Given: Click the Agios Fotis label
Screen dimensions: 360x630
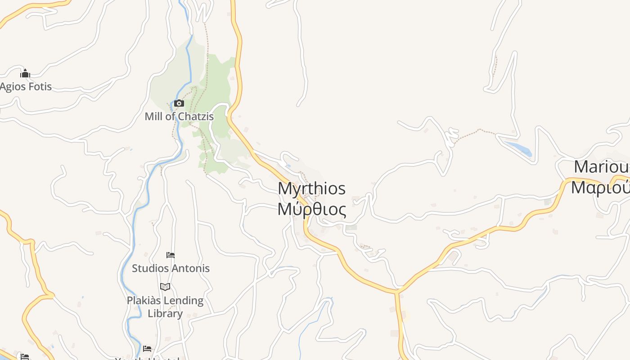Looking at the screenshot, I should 26,86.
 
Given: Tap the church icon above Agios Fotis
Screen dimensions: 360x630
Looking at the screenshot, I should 25,73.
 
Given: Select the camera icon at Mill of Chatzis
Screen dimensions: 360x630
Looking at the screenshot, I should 179,103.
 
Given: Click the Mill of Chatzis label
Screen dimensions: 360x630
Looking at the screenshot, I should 179,116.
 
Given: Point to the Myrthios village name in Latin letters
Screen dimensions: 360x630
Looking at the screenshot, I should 311,188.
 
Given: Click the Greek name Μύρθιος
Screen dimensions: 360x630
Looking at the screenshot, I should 311,209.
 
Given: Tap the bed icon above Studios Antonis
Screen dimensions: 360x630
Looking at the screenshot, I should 171,255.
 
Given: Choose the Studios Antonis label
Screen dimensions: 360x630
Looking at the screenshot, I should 171,268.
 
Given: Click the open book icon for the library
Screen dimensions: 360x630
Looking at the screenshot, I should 165,287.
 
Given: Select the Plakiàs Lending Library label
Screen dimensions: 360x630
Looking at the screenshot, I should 165,306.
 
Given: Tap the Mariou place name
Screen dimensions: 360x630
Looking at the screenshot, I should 601,167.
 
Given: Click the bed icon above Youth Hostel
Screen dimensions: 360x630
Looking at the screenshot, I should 147,348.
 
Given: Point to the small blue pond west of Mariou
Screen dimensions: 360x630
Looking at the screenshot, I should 519,148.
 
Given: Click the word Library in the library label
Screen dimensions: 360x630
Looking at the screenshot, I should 165,313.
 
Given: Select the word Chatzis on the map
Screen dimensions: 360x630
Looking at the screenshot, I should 196,116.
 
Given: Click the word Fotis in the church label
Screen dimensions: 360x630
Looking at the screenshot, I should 40,86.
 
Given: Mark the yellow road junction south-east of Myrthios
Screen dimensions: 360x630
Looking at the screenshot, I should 397,292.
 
